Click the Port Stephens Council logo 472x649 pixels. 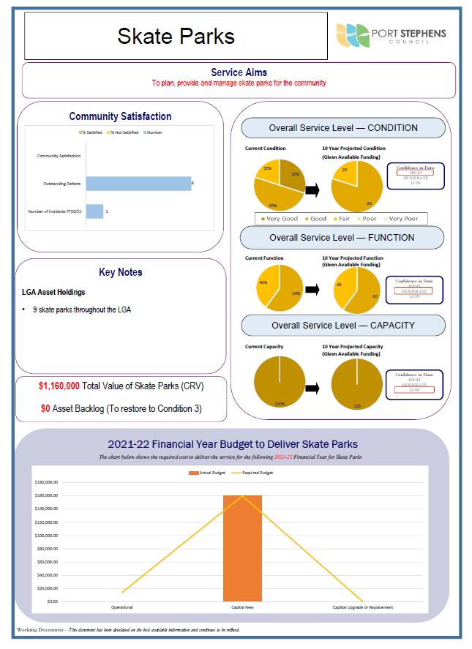tap(391, 35)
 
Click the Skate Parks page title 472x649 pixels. tap(176, 36)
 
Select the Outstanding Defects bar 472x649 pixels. tap(138, 184)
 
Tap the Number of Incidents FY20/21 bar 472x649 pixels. tap(94, 211)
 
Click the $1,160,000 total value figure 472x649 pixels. tap(59, 386)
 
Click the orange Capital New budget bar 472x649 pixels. tap(242, 547)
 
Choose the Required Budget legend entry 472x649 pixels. tap(259, 473)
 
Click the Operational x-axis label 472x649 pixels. tap(121, 607)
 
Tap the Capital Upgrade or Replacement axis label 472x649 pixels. tap(363, 607)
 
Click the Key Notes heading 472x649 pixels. tap(120, 272)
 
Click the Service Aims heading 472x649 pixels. tap(239, 72)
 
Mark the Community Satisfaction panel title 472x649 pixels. tap(120, 116)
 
